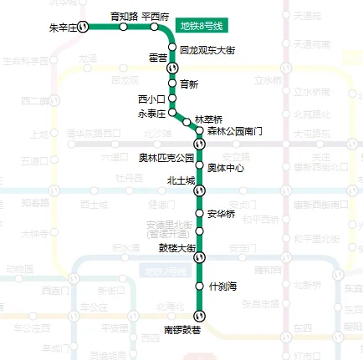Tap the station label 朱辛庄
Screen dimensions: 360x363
pos(64,28)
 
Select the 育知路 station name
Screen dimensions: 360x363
pos(125,16)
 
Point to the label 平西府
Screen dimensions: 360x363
pos(156,16)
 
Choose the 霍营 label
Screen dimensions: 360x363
pos(157,58)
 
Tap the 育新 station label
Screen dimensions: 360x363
pos(189,84)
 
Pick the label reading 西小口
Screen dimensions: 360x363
pos(151,99)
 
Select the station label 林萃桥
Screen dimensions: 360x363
pos(207,119)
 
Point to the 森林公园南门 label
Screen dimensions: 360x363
pos(235,132)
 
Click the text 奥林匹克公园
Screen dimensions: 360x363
pos(166,156)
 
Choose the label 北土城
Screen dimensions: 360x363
pos(181,180)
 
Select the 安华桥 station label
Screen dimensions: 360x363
pos(222,213)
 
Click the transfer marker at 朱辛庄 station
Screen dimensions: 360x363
pos(84,28)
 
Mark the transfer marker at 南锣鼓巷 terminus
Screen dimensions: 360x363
pos(199,315)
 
